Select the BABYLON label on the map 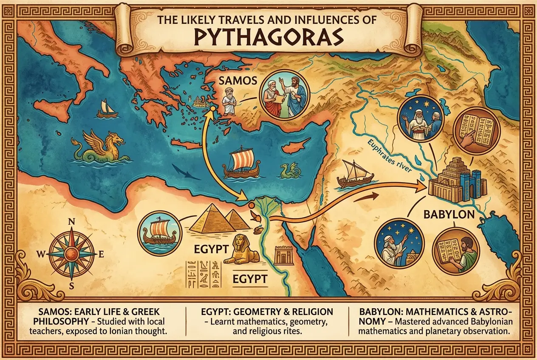click(449, 214)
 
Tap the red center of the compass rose click(71, 254)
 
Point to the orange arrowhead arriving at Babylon click(423, 185)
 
